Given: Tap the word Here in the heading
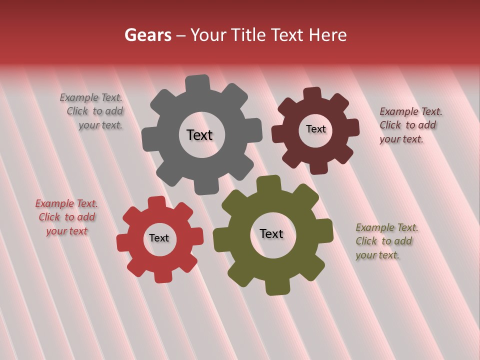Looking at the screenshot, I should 327,35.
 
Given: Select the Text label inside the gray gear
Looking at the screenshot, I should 199,135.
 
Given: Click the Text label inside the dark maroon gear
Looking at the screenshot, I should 315,129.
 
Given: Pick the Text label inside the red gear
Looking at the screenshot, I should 159,238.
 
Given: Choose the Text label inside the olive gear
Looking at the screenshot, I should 271,233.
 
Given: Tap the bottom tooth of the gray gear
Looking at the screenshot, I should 205,187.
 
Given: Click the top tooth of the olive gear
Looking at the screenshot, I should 268,183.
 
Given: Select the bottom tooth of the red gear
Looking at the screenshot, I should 162,276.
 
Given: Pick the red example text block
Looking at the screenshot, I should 66,217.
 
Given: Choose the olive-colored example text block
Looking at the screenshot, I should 385,241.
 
